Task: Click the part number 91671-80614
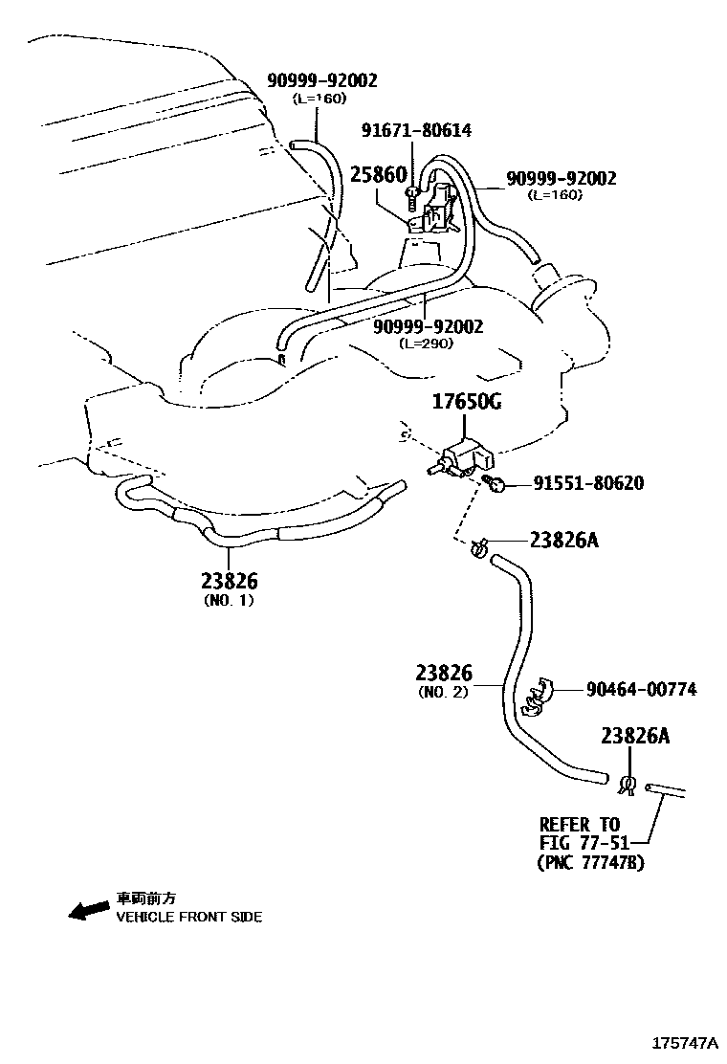[416, 131]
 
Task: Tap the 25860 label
[378, 175]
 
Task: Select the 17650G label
[464, 403]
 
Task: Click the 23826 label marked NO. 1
[230, 581]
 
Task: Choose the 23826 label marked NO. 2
[444, 674]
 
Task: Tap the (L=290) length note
[427, 344]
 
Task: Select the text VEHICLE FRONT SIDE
[189, 917]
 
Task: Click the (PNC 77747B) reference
[589, 862]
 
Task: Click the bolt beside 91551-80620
[496, 484]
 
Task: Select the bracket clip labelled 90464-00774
[539, 697]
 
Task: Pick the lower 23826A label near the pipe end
[635, 736]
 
